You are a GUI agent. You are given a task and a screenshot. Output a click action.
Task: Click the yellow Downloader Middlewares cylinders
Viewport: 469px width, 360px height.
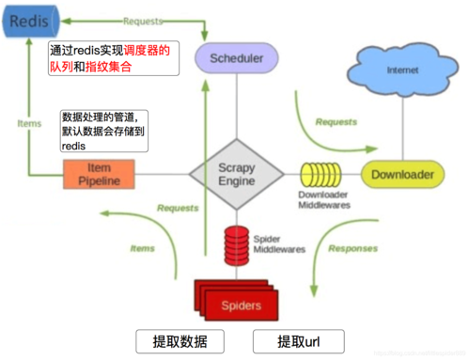tap(320, 174)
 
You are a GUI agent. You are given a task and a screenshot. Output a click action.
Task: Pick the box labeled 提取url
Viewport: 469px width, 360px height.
tap(298, 340)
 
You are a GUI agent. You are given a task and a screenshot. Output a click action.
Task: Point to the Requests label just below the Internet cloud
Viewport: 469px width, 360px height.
tap(336, 121)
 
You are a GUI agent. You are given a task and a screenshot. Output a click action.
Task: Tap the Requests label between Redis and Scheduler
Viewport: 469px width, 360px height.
tap(142, 19)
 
